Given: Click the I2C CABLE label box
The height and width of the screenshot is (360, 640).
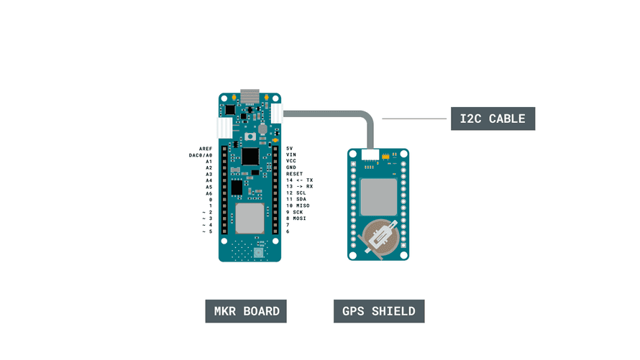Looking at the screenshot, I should [x=493, y=119].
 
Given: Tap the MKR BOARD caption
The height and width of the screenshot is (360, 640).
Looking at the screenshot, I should [x=246, y=311].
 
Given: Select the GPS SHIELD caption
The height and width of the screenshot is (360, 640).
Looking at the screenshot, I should [x=379, y=311].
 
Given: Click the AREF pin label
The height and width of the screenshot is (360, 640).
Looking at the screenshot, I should [x=206, y=148].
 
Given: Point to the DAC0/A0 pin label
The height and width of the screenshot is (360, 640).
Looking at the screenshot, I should [x=201, y=154].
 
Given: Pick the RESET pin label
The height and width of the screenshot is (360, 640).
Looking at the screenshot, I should [x=294, y=174].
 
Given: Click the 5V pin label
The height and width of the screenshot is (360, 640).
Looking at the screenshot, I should [x=289, y=148].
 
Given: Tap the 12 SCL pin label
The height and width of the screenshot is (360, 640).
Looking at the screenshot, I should [x=296, y=193].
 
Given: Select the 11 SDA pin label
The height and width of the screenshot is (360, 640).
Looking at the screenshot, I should [x=296, y=200].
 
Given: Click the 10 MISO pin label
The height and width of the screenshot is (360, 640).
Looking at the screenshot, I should [x=298, y=206].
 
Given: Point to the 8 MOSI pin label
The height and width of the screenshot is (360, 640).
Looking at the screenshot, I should [x=296, y=219].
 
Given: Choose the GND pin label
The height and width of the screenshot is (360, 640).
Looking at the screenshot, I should [x=291, y=167].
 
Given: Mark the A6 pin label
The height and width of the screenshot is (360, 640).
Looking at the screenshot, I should [x=209, y=193].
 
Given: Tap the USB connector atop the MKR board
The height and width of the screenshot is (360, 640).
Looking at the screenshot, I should [x=250, y=96].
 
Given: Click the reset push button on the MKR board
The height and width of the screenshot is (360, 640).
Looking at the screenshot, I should [x=250, y=137].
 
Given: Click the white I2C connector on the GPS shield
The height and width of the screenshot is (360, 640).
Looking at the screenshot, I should [x=371, y=154].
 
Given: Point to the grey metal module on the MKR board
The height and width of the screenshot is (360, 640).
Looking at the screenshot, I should [x=249, y=218].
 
